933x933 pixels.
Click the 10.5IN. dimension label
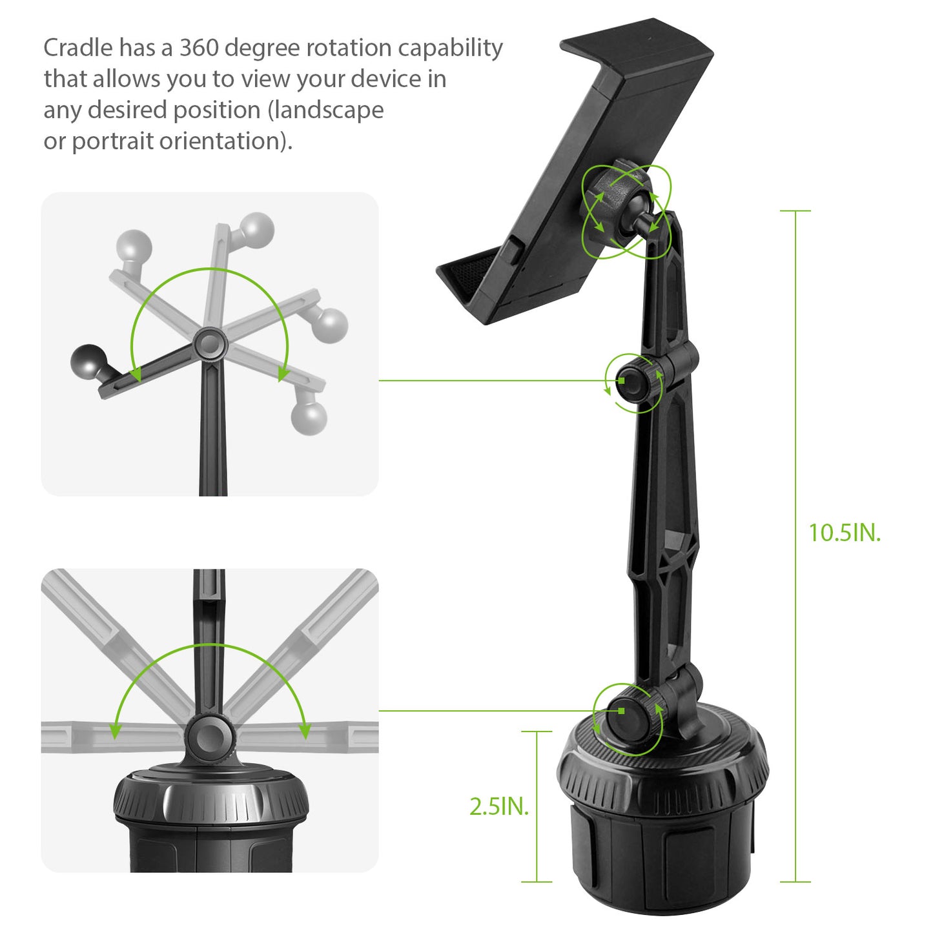click(845, 533)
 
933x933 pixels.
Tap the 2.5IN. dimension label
click(499, 806)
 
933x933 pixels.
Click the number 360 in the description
click(199, 48)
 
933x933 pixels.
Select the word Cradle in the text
click(78, 48)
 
